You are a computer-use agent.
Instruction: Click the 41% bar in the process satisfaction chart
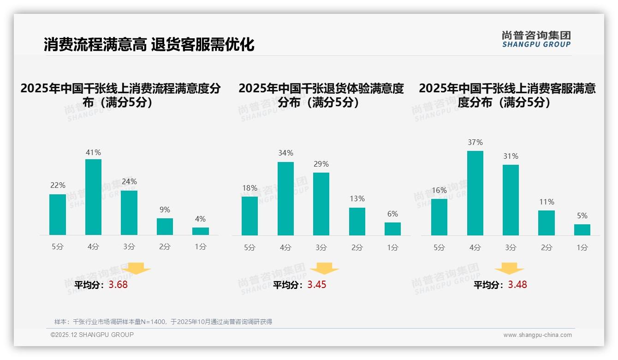click(94, 197)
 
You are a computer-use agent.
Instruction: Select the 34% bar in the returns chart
click(285, 198)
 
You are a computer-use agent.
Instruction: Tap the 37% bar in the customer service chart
click(475, 193)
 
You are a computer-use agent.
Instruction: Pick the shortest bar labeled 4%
click(201, 231)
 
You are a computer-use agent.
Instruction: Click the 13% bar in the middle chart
click(357, 222)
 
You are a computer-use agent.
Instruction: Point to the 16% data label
click(439, 190)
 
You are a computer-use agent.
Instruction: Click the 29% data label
click(321, 164)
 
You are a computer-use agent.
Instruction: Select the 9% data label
click(165, 210)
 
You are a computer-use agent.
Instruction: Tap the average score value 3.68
click(118, 285)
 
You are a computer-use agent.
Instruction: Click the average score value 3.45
click(317, 285)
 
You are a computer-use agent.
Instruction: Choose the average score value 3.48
click(517, 285)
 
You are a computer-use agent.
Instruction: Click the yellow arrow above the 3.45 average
click(324, 269)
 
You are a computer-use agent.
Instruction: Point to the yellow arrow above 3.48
click(509, 269)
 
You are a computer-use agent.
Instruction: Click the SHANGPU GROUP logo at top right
click(536, 39)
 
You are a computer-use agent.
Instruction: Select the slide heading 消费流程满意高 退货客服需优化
click(149, 44)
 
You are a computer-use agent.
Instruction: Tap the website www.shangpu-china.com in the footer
click(537, 335)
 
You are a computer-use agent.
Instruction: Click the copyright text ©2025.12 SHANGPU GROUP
click(92, 335)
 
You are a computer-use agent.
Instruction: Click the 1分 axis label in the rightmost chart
click(582, 248)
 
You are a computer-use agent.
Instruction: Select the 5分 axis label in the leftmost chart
click(58, 247)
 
